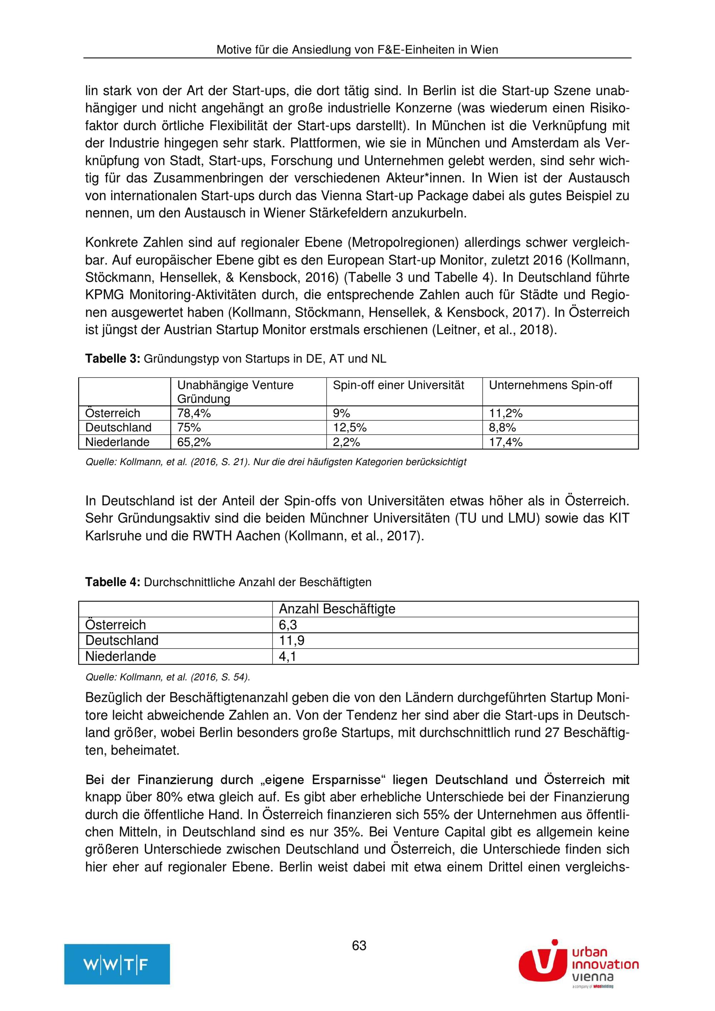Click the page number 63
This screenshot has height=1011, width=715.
click(359, 945)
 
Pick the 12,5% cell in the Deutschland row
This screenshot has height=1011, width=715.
click(350, 428)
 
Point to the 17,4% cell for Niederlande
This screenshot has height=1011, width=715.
click(506, 442)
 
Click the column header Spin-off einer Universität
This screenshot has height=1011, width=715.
click(399, 385)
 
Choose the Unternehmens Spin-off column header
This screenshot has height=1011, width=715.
click(550, 385)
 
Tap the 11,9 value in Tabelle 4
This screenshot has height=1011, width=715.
click(291, 640)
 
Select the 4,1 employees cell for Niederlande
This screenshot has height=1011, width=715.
click(287, 656)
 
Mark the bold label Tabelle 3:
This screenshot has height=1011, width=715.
click(113, 359)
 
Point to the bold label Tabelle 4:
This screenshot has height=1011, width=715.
click(113, 582)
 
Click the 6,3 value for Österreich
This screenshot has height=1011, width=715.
click(288, 625)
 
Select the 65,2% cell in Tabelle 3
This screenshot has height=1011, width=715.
click(194, 442)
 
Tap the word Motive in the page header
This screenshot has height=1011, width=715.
click(233, 50)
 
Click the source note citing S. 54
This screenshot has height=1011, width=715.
click(168, 677)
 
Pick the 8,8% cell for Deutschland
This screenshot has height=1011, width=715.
click(502, 428)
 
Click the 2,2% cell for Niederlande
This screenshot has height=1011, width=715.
click(346, 442)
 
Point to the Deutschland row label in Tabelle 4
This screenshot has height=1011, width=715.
click(122, 640)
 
